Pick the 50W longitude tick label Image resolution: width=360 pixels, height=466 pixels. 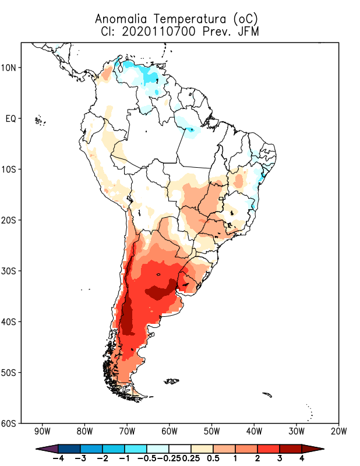point(212,432)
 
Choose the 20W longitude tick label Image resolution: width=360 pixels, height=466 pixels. point(339,432)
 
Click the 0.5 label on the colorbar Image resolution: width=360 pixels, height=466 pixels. point(213,458)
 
